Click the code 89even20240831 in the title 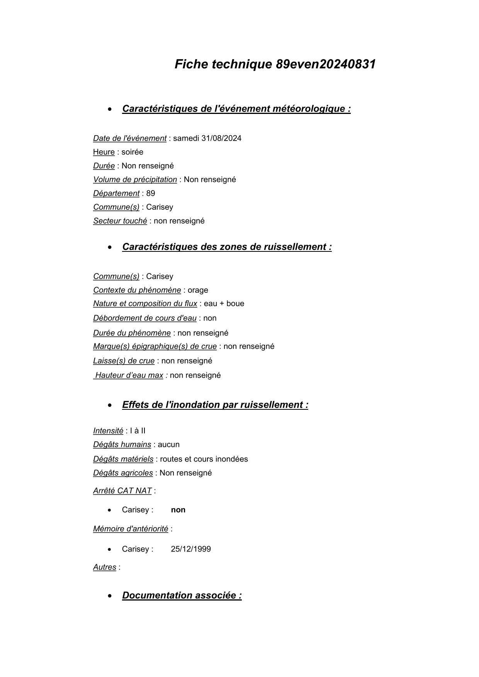pyautogui.click(x=326, y=64)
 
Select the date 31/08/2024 pyautogui.click(x=221, y=138)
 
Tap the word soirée pyautogui.click(x=132, y=152)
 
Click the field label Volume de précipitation pyautogui.click(x=135, y=180)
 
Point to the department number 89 pyautogui.click(x=151, y=193)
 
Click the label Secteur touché pyautogui.click(x=120, y=221)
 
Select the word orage pyautogui.click(x=198, y=290)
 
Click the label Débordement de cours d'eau pyautogui.click(x=144, y=318)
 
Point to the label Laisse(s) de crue pyautogui.click(x=124, y=361)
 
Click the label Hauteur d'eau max pyautogui.click(x=129, y=375)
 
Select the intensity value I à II pyautogui.click(x=138, y=431)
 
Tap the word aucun pyautogui.click(x=169, y=445)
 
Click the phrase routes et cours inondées pyautogui.click(x=204, y=459)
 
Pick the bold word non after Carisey pyautogui.click(x=178, y=510)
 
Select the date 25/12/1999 pyautogui.click(x=191, y=549)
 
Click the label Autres pyautogui.click(x=105, y=567)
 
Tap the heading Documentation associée pyautogui.click(x=182, y=596)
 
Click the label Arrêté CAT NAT pyautogui.click(x=122, y=491)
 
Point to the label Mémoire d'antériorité pyautogui.click(x=131, y=529)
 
